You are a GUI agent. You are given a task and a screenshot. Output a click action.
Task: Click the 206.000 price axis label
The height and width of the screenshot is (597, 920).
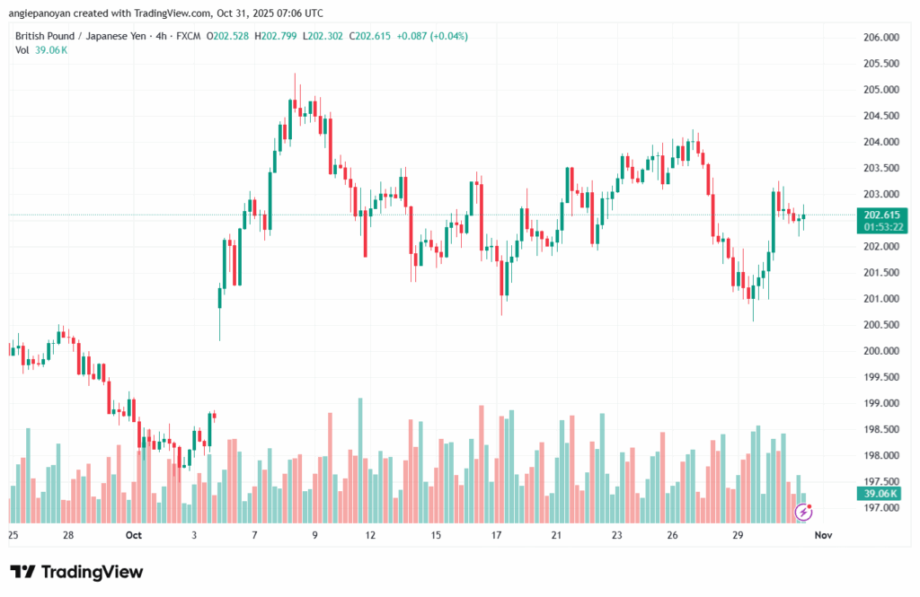click(x=880, y=38)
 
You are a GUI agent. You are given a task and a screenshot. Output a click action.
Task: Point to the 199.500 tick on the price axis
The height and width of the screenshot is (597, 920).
click(x=880, y=377)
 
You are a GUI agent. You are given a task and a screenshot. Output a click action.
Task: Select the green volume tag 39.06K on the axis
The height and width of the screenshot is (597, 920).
click(x=880, y=494)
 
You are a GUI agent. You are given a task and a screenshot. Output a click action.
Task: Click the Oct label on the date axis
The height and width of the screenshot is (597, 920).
click(x=134, y=536)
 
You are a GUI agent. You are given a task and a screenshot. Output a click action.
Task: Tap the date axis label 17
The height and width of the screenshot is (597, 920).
click(x=496, y=536)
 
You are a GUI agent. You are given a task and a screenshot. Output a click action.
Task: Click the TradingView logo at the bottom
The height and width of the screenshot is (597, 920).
click(x=76, y=572)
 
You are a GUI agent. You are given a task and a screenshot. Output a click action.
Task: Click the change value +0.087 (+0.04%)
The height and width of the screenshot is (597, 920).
click(x=434, y=36)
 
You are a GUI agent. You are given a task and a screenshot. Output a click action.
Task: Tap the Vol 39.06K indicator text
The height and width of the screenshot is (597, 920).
click(x=41, y=50)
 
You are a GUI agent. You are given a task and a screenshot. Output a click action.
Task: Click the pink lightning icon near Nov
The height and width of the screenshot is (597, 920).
click(x=805, y=512)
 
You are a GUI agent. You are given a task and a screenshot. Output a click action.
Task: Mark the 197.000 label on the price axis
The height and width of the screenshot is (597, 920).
click(x=880, y=508)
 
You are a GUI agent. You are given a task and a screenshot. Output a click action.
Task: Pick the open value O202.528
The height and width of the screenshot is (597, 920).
click(x=227, y=36)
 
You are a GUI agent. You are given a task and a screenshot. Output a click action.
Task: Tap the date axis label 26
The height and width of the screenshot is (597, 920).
click(x=672, y=536)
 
